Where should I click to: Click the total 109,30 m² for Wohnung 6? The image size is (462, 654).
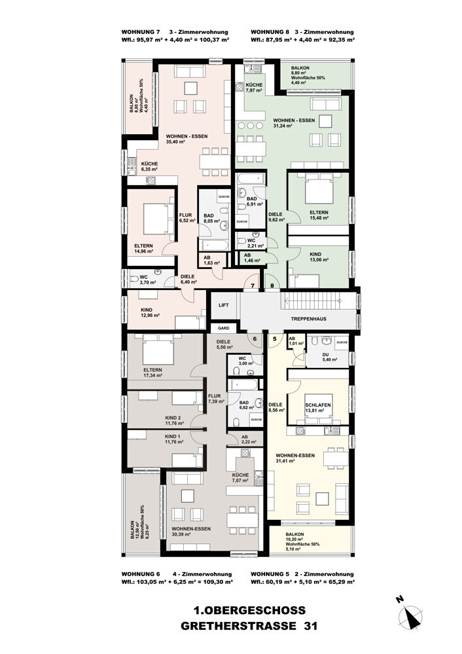coord(208,581)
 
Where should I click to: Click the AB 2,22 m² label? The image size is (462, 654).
coord(245,439)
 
